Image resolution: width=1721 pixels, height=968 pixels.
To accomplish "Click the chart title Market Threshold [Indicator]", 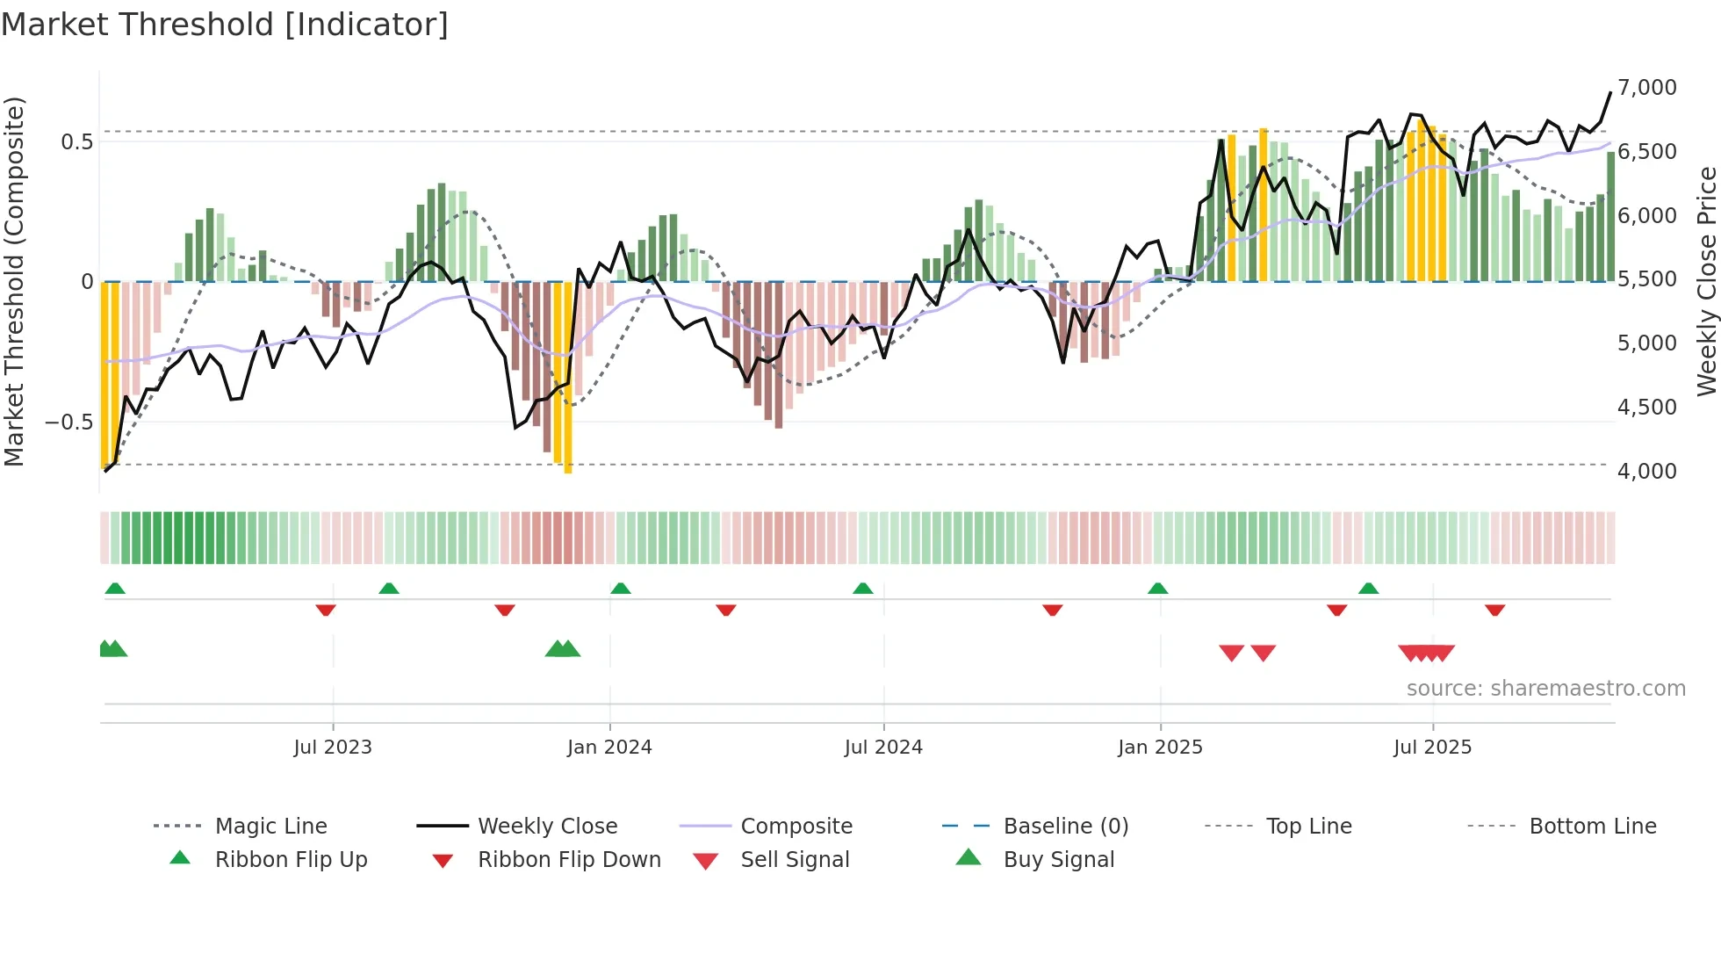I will [x=225, y=25].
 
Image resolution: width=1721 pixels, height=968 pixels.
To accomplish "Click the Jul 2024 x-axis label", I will [x=883, y=747].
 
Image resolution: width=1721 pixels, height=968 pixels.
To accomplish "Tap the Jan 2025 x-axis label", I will [x=1160, y=747].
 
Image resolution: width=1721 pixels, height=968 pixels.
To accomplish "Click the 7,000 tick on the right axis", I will [x=1646, y=88].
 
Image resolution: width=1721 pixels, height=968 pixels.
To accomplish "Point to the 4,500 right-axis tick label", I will [x=1646, y=408].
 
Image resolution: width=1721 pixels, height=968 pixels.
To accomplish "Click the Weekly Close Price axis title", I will [x=1706, y=281].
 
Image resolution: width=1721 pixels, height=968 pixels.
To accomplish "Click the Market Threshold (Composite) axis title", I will [x=15, y=281].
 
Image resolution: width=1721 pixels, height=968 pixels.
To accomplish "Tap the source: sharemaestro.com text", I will [x=1545, y=688].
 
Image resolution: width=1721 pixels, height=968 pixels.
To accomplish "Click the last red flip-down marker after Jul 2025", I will [x=1495, y=610].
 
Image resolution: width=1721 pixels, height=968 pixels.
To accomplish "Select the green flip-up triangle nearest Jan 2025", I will [x=1157, y=588].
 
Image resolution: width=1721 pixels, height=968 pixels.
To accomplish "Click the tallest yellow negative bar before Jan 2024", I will [x=568, y=378].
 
